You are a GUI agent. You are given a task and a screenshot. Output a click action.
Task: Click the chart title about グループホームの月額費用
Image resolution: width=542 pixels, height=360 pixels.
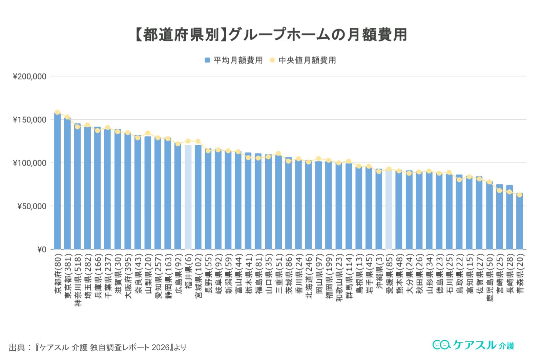pos(271,35)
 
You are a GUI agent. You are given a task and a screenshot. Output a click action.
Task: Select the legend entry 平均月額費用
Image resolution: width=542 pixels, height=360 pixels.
pos(234,60)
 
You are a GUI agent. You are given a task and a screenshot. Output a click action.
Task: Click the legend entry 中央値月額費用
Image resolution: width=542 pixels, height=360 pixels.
pos(303,60)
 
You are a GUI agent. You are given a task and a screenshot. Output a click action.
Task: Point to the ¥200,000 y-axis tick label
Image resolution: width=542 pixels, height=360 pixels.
pos(29,77)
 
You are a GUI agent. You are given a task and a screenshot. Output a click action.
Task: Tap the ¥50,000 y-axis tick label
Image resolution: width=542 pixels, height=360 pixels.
pos(31,206)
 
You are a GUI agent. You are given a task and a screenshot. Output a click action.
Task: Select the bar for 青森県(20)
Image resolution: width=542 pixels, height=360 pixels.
pos(520,222)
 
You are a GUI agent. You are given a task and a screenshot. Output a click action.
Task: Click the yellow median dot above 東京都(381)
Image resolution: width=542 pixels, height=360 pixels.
pos(67,117)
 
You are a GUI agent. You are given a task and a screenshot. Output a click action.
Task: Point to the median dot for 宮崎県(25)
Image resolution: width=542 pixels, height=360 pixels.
pos(499,191)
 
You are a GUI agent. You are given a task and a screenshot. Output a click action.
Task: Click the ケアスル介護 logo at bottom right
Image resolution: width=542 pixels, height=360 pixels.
pos(473,345)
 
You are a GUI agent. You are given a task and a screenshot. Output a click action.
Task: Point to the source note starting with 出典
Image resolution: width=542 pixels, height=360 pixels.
pos(97,347)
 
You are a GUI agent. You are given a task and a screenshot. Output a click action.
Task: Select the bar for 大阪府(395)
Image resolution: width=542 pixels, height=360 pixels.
pos(128,191)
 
